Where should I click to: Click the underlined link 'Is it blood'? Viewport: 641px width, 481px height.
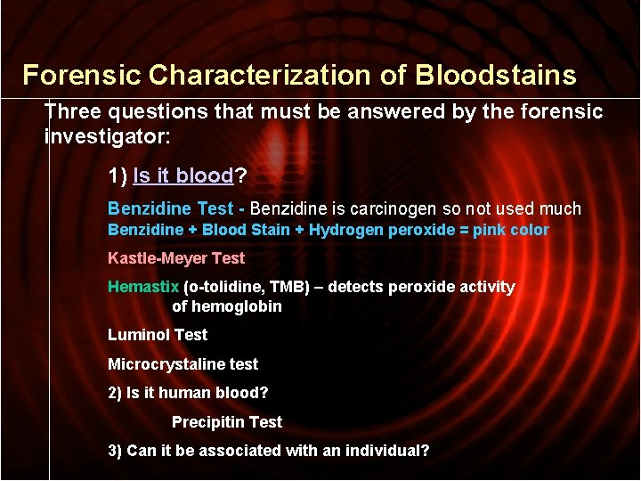click(183, 176)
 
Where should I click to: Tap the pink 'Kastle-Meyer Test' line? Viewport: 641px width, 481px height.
click(176, 259)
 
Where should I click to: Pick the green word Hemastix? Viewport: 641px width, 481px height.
click(143, 287)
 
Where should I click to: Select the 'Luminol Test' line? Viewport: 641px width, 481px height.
click(158, 335)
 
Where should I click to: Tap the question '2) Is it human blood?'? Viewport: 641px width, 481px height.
click(188, 393)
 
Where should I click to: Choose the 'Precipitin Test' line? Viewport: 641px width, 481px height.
click(226, 422)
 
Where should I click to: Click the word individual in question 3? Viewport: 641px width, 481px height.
click(388, 451)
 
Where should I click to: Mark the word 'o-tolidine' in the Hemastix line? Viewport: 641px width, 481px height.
click(223, 287)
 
